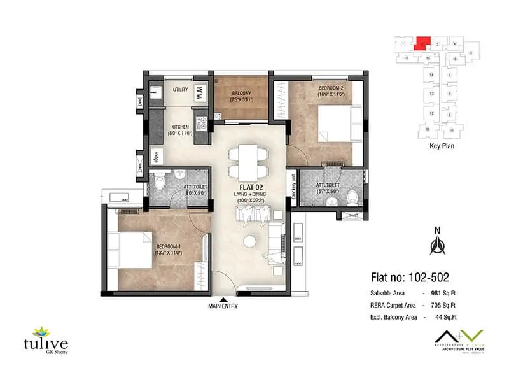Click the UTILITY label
[180, 90]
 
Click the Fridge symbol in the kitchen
[157, 157]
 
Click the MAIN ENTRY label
[223, 306]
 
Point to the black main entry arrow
[223, 298]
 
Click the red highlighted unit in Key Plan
[422, 43]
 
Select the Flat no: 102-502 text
[409, 278]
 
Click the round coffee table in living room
[250, 242]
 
